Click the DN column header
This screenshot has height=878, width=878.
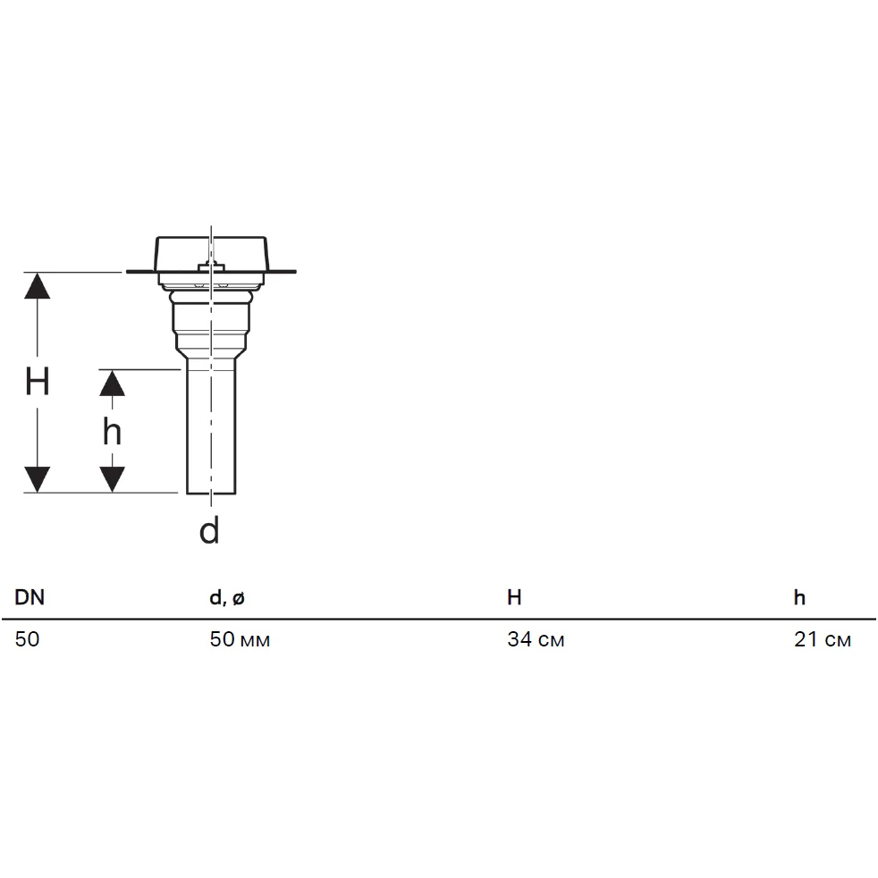(30, 597)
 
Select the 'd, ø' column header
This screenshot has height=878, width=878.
(227, 598)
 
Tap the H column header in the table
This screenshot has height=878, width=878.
(514, 597)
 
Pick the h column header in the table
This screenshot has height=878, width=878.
(799, 597)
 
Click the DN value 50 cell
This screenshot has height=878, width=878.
(27, 639)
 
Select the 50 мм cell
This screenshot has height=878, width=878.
(240, 639)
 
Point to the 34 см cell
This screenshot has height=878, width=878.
(536, 639)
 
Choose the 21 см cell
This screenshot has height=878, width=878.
(823, 639)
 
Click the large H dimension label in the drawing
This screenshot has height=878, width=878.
(38, 382)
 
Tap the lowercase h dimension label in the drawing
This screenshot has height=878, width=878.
(112, 432)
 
